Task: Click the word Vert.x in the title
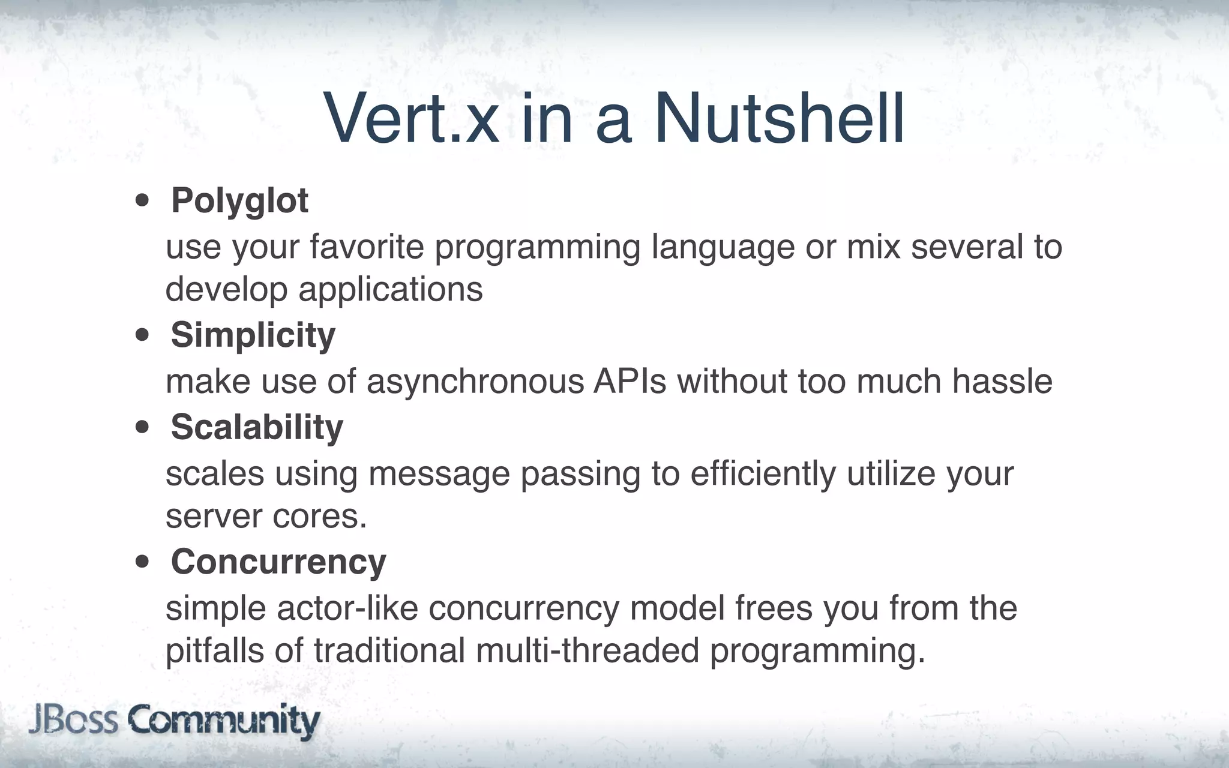click(x=412, y=119)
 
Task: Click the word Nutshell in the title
click(x=779, y=119)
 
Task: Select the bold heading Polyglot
click(x=239, y=200)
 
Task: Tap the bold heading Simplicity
click(x=253, y=335)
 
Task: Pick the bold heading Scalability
click(x=257, y=427)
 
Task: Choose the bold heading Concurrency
click(x=278, y=562)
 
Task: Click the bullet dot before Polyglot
click(x=142, y=202)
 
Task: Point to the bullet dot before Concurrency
click(x=142, y=563)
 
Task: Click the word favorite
click(x=367, y=247)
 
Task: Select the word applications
click(x=390, y=290)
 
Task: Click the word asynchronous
click(x=475, y=382)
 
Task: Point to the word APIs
click(x=630, y=381)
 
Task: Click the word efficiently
click(x=763, y=474)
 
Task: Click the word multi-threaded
click(x=587, y=651)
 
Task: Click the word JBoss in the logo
click(x=73, y=719)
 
